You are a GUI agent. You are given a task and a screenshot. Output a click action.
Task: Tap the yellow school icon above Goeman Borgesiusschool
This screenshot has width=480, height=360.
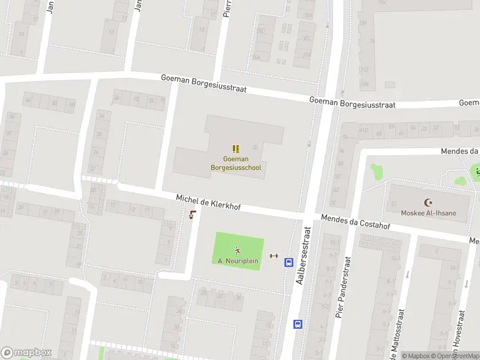236,148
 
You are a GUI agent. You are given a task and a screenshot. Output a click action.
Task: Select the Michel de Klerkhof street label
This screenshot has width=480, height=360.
208,202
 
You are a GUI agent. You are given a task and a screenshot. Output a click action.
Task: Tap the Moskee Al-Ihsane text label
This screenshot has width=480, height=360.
428,213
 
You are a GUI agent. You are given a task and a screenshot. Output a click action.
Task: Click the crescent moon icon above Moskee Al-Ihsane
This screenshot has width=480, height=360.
428,203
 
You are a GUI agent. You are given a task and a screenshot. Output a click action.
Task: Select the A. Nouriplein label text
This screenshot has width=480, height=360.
238,261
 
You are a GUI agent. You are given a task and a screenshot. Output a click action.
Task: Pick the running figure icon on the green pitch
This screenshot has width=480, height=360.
238,251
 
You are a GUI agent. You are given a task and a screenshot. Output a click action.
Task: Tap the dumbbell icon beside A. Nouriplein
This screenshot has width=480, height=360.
274,256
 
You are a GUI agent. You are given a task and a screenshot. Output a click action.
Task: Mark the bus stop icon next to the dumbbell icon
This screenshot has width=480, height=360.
289,262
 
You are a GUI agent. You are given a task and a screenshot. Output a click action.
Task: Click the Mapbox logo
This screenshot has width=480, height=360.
26,353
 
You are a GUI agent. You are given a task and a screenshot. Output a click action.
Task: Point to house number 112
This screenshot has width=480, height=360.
364,69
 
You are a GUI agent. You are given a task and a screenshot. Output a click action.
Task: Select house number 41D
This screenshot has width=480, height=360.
364,130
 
